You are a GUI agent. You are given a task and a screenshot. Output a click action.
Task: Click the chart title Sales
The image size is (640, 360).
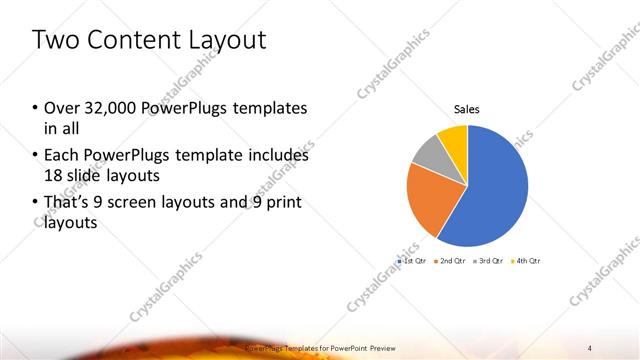pyautogui.click(x=467, y=109)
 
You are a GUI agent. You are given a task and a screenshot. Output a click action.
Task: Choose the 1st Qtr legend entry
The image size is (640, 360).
pyautogui.click(x=413, y=260)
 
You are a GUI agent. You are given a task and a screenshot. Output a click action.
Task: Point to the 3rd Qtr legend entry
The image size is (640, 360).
pyautogui.click(x=487, y=260)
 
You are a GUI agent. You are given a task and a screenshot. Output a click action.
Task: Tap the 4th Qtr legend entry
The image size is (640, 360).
pyautogui.click(x=526, y=260)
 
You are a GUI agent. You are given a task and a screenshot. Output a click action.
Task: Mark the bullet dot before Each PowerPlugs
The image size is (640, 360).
pyautogui.click(x=36, y=156)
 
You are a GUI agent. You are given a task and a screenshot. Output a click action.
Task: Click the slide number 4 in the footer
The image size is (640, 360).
pyautogui.click(x=590, y=348)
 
